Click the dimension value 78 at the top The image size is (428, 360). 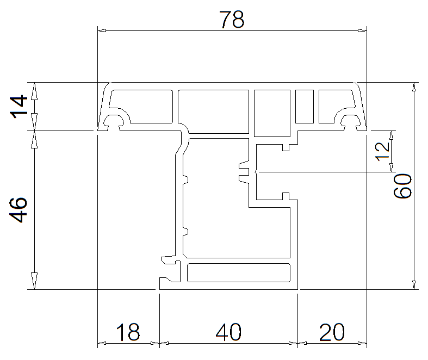click(x=232, y=20)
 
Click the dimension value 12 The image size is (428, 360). click(x=383, y=151)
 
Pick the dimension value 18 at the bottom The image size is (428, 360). click(x=128, y=332)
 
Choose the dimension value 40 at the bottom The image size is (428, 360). click(x=228, y=332)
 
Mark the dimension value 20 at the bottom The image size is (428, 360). click(x=332, y=332)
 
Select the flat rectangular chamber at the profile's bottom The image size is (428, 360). click(x=238, y=272)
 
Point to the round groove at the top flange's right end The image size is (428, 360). click(x=349, y=121)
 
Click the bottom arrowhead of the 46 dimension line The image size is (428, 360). click(x=35, y=284)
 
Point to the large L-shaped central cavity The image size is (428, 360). click(x=218, y=218)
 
